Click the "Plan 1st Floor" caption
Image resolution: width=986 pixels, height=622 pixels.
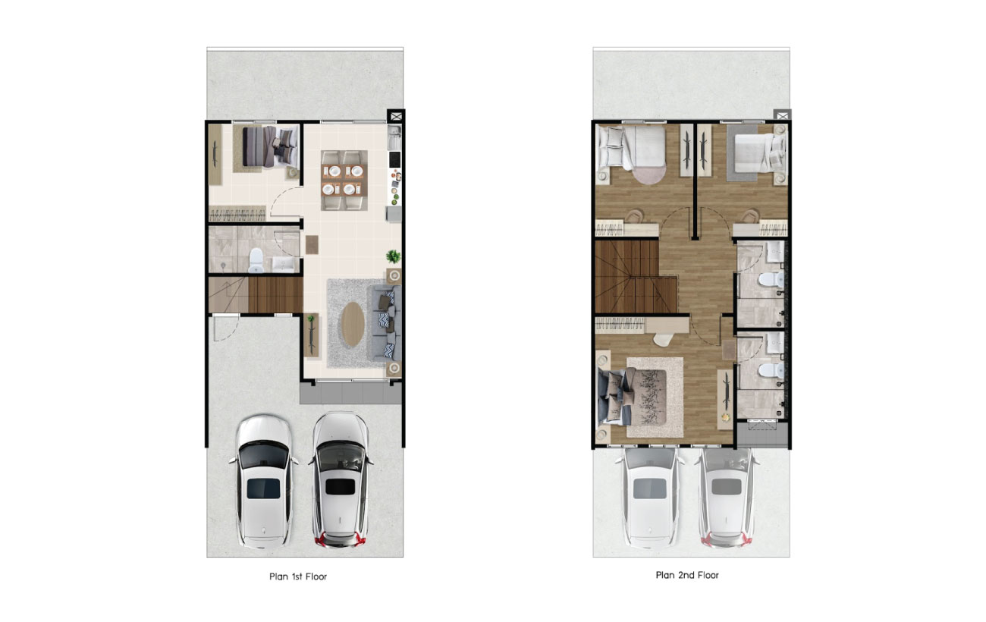[x=298, y=576]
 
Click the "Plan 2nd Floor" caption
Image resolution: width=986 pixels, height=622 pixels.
[x=687, y=575]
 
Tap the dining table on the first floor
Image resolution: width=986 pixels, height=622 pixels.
[x=344, y=181]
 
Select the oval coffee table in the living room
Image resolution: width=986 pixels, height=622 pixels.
[x=353, y=324]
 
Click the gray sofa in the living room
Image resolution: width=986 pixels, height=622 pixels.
[x=385, y=323]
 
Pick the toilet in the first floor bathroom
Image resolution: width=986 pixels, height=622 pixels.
[x=256, y=261]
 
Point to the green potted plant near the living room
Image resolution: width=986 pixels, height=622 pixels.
[x=394, y=256]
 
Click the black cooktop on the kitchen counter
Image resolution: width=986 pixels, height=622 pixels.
[x=395, y=159]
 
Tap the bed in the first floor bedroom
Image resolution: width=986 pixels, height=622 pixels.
[x=270, y=147]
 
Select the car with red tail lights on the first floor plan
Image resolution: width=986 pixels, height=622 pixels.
[x=341, y=480]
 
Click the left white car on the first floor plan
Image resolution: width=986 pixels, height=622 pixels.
[x=264, y=481]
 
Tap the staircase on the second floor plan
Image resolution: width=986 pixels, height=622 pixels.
[x=636, y=277]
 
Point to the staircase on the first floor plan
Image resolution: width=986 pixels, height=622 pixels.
[x=256, y=295]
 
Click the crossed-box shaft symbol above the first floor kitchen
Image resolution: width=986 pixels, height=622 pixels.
[x=396, y=116]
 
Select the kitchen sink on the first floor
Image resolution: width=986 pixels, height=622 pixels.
[x=394, y=137]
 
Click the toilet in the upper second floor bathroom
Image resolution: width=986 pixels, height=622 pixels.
[x=771, y=279]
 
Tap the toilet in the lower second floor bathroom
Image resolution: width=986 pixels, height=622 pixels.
[x=771, y=370]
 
